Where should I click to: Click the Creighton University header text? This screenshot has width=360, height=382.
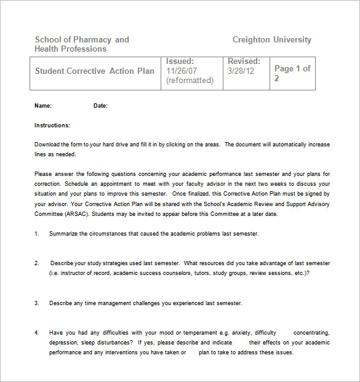point(271,40)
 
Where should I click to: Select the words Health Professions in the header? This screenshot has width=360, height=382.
point(70,49)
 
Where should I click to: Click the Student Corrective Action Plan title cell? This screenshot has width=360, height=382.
point(95,71)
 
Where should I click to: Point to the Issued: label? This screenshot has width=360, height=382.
point(180,62)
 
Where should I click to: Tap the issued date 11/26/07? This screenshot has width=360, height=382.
point(181,71)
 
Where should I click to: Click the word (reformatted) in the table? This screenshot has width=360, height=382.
point(190,81)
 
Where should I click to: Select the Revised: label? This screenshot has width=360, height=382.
point(244,62)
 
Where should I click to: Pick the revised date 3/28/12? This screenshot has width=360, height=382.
point(241,71)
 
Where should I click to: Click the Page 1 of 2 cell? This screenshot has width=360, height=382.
point(292,73)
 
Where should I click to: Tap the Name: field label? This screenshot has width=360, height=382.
point(43,106)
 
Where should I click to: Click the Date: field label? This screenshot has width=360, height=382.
point(100,106)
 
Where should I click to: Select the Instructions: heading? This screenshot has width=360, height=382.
point(52,125)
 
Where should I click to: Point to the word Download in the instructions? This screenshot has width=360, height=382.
point(49,145)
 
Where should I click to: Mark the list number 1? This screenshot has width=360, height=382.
point(37,234)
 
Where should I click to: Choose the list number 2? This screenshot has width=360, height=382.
point(37,263)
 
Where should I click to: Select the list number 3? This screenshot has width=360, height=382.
point(37,303)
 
